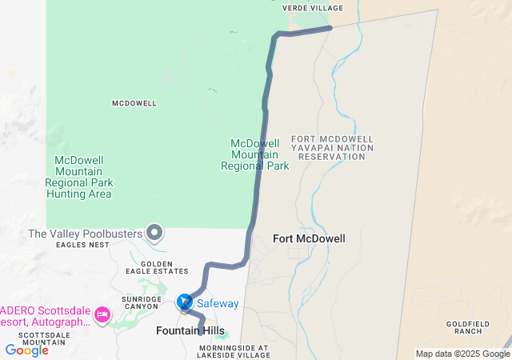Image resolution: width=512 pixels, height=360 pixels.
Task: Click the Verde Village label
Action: click(x=313, y=9)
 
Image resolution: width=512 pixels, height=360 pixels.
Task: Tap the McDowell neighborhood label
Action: click(x=134, y=103)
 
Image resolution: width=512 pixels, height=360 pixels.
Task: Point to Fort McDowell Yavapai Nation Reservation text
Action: click(x=332, y=148)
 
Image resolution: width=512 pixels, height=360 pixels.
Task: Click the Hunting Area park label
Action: click(x=78, y=177)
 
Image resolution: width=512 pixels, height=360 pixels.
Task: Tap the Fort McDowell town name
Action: click(x=309, y=238)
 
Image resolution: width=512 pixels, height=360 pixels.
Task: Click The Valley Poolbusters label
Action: click(x=85, y=234)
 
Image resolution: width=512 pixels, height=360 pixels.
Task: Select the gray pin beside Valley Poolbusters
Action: click(x=156, y=234)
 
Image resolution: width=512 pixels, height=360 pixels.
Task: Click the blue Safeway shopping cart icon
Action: click(x=185, y=302)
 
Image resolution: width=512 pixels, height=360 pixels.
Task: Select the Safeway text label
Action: click(x=218, y=303)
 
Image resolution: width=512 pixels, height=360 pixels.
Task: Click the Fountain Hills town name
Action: click(x=190, y=330)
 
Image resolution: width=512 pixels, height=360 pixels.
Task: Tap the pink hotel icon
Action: click(x=102, y=314)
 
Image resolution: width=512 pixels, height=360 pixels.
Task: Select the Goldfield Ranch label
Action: click(x=463, y=327)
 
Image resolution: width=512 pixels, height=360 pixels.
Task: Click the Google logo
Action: click(x=26, y=350)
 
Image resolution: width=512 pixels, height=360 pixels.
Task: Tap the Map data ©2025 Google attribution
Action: click(x=462, y=354)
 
